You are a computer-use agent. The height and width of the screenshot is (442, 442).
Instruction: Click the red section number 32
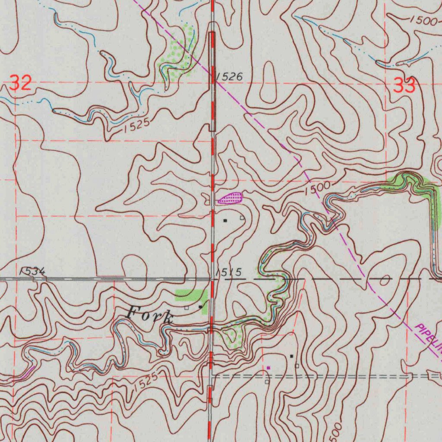tap(21, 83)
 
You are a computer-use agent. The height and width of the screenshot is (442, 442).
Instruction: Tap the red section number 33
tap(404, 85)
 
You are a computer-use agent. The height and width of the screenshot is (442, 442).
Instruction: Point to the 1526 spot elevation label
tap(229, 77)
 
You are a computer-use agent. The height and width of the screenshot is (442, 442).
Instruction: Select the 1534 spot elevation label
tap(32, 271)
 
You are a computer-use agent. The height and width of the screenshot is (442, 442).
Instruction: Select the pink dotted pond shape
tap(230, 199)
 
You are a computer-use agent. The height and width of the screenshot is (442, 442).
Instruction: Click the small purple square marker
tap(268, 368)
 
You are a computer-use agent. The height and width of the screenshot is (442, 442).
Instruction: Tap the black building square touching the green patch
tap(200, 306)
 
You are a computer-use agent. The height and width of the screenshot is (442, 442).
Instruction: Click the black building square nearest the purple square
tap(292, 356)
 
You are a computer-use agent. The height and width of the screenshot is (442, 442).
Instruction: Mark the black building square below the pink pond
tap(224, 220)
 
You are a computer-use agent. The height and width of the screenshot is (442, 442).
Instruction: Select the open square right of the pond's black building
tap(242, 218)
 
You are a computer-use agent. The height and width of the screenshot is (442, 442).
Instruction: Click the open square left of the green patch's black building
tap(186, 308)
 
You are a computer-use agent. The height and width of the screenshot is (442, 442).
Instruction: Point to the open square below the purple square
tap(267, 382)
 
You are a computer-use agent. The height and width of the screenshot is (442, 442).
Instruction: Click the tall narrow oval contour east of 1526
tap(268, 82)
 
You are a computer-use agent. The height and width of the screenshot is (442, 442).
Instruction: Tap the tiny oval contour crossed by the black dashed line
tap(384, 280)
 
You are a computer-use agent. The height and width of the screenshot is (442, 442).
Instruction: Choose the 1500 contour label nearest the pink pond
tap(316, 188)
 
